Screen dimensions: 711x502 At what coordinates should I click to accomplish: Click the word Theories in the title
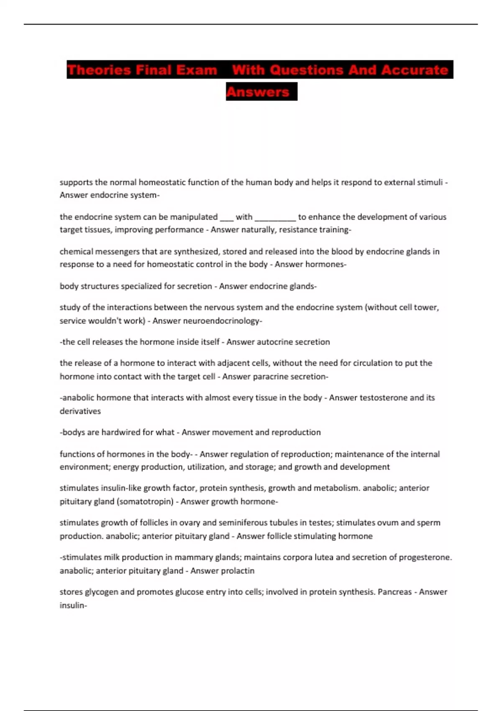[x=99, y=69]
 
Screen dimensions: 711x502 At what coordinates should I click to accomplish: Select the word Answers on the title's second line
[x=258, y=92]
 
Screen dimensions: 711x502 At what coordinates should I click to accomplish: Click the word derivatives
[x=80, y=411]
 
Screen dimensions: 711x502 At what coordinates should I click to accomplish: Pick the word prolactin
[x=238, y=571]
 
